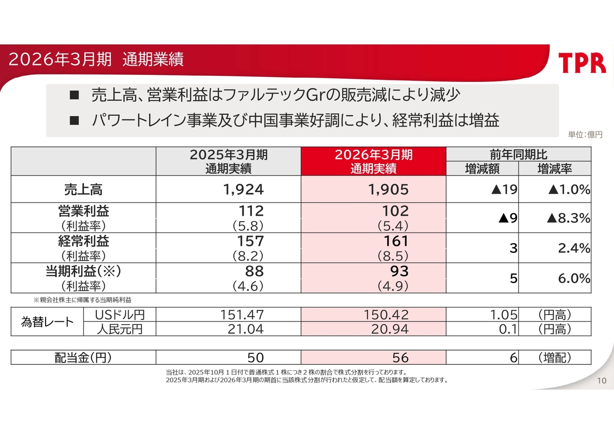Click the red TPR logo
[582, 63]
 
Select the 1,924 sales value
[243, 189]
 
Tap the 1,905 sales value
[389, 189]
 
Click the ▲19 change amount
[504, 189]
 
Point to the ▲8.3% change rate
[568, 218]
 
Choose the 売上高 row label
[83, 189]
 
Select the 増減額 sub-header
[482, 169]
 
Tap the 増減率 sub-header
[555, 169]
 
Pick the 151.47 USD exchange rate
[242, 315]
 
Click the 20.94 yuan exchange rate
[390, 329]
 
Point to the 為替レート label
[47, 322]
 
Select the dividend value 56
[401, 358]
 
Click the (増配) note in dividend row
[555, 358]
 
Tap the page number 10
[602, 381]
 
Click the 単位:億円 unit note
[585, 135]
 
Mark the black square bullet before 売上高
[74, 95]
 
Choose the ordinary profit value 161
[396, 241]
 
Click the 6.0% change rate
[574, 278]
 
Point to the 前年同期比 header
[519, 154]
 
